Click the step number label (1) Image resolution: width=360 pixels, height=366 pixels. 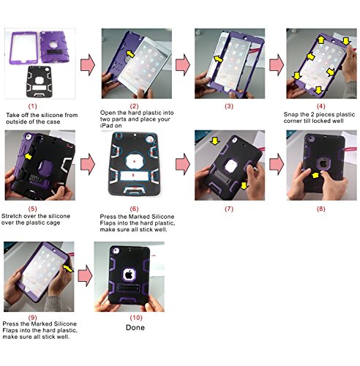[32, 106]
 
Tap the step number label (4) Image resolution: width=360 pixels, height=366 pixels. [321, 106]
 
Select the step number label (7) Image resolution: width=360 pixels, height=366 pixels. [229, 209]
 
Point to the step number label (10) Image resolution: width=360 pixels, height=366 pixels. [136, 318]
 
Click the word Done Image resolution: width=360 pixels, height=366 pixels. [135, 327]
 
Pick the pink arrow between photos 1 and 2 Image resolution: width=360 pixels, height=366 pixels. [88, 64]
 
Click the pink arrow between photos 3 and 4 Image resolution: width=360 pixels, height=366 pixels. [277, 64]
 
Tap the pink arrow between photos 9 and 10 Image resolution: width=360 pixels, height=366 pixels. [85, 276]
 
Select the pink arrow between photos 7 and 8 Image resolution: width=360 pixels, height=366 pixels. [277, 164]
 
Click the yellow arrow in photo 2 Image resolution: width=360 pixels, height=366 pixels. [130, 53]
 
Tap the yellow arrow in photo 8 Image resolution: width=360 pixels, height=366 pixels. [315, 175]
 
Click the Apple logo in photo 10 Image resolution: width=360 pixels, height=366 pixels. [129, 274]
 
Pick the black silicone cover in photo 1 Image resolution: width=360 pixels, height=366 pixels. [39, 81]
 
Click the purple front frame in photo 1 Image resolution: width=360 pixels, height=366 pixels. [23, 48]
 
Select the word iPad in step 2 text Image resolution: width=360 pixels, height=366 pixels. [105, 126]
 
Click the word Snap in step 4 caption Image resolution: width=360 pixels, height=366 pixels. [290, 115]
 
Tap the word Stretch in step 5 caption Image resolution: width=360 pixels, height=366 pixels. [10, 216]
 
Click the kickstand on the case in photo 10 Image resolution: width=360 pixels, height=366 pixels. [128, 288]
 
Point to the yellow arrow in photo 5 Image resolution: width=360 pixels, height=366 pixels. [29, 157]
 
